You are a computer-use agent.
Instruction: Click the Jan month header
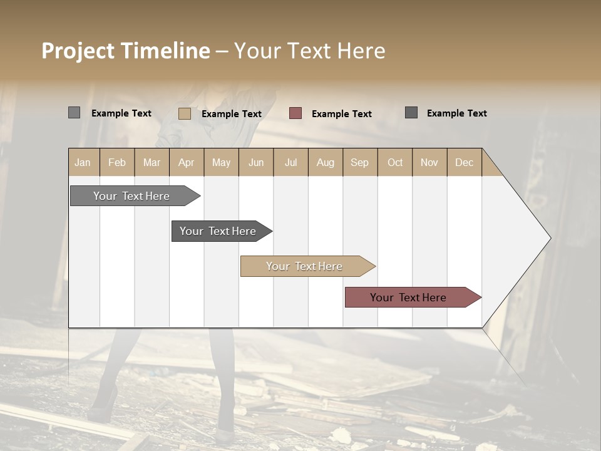click(x=83, y=162)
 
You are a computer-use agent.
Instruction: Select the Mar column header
click(x=152, y=162)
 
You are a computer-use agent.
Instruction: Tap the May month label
click(x=221, y=162)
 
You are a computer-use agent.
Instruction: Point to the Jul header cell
click(x=290, y=162)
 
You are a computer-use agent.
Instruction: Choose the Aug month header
click(x=325, y=162)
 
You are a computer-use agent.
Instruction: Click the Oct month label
click(x=395, y=162)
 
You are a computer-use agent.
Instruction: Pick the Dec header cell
click(x=464, y=162)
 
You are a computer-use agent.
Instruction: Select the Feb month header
click(x=117, y=162)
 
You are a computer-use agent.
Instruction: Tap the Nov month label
click(x=429, y=162)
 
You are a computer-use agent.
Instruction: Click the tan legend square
click(x=184, y=113)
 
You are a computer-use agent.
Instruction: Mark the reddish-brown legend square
click(x=295, y=113)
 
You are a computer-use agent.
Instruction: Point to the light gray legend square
click(x=74, y=113)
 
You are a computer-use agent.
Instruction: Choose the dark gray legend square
click(x=411, y=113)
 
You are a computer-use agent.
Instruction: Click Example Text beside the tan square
click(x=231, y=114)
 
